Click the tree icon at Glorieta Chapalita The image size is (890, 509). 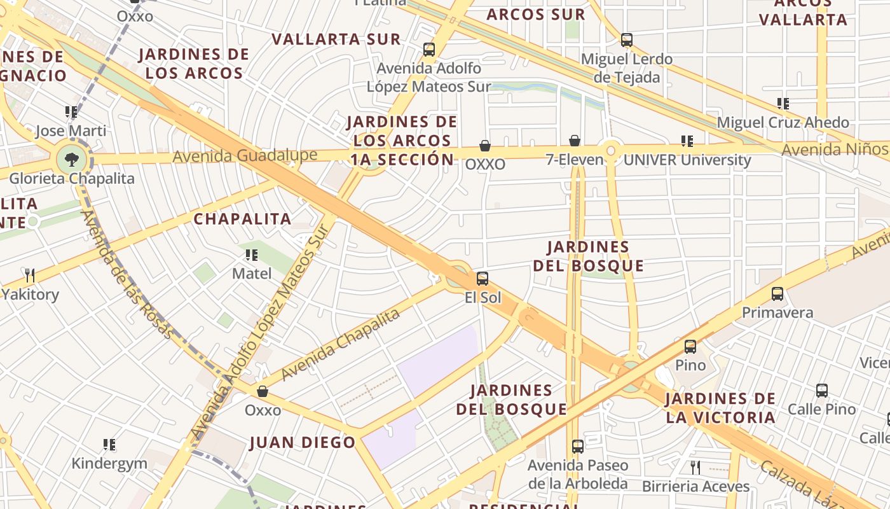tap(71, 159)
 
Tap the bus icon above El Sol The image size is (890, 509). tap(483, 278)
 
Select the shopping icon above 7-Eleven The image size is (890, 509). tap(575, 141)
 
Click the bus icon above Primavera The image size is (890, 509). tap(777, 294)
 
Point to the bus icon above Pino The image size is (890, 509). tap(690, 347)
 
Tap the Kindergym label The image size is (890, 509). tap(110, 463)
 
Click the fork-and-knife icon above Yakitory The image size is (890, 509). tap(30, 275)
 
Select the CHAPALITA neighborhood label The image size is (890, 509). tap(242, 219)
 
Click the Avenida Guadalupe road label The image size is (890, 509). tap(245, 156)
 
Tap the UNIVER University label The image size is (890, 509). tap(687, 160)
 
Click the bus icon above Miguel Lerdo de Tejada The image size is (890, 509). tap(627, 40)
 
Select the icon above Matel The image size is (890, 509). tap(252, 255)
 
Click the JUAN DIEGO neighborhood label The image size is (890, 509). tap(302, 442)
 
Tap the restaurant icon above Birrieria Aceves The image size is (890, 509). tap(695, 468)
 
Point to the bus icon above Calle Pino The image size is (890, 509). tap(822, 390)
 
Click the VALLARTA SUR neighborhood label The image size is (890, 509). tap(336, 39)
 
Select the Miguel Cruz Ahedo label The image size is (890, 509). tap(783, 122)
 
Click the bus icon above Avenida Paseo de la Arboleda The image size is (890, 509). tap(577, 447)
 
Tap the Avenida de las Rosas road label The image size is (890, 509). tap(127, 274)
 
